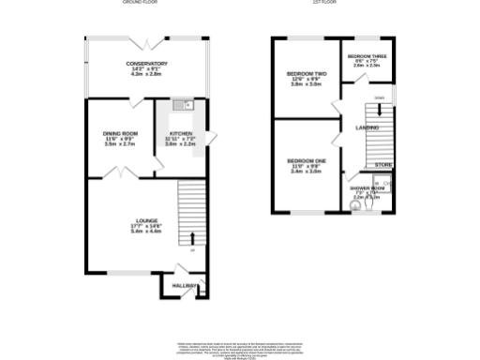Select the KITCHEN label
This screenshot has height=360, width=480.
click(x=180, y=133)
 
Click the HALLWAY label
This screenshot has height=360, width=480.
click(x=186, y=286)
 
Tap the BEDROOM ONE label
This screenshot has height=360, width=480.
click(x=307, y=160)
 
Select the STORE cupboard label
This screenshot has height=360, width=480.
click(x=383, y=165)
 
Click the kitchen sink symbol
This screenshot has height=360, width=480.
click(x=187, y=105)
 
